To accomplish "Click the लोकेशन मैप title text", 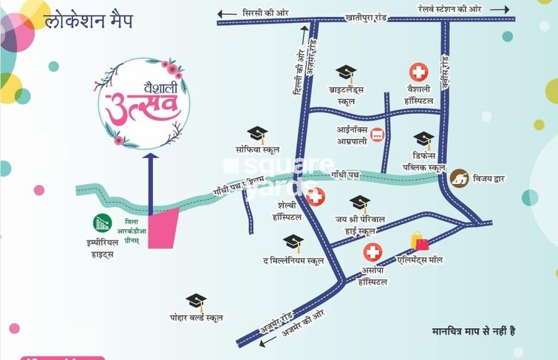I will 88,21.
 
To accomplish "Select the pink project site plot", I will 164,228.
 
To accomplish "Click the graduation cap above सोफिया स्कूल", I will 257,134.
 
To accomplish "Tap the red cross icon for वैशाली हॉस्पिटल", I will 418,72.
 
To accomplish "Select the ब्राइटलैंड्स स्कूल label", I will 346,96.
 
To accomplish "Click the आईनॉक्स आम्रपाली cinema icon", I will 378,135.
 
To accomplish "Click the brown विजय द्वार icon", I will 460,178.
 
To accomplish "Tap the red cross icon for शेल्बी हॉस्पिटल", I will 316,197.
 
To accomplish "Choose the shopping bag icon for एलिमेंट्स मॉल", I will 419,242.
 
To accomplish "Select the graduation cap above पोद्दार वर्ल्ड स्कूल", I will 196,301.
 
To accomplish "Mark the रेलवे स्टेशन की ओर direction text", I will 451,9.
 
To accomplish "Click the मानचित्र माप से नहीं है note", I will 473,330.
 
